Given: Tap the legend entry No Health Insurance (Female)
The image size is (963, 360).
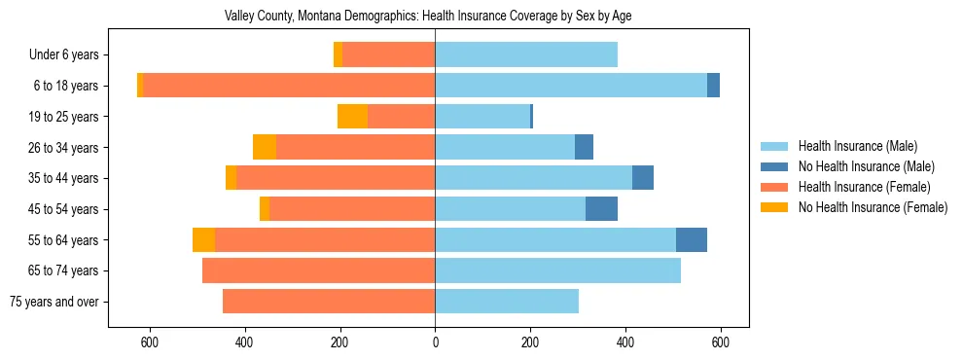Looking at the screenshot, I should pos(873,207).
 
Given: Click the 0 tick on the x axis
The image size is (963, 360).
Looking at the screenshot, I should pos(435,342).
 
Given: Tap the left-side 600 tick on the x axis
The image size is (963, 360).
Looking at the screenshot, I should pos(150,342).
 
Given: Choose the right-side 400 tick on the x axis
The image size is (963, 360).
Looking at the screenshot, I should pos(625,342).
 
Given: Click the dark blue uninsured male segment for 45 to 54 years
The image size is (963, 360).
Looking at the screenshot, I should pos(601,209).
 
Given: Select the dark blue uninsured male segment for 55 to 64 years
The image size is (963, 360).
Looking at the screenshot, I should pos(692,239).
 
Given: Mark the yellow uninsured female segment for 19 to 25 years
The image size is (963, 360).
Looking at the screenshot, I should pos(352,117).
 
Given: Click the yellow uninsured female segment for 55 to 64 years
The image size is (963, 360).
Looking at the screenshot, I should pos(203,239).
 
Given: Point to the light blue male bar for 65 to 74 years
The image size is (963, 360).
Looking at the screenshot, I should pos(557,270).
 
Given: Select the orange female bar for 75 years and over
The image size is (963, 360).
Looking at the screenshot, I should pos(329,302).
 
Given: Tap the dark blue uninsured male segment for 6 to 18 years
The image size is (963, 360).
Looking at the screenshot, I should pos(713,86).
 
